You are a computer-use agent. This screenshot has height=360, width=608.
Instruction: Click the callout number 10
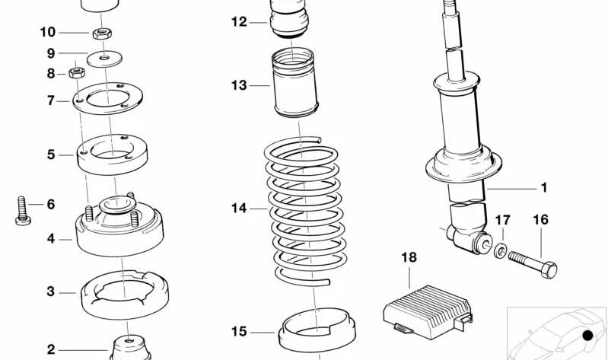pyautogui.click(x=47, y=32)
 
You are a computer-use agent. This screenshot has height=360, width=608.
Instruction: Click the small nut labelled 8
pyautogui.click(x=75, y=74)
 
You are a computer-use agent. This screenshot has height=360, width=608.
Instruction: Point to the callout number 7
pyautogui.click(x=51, y=100)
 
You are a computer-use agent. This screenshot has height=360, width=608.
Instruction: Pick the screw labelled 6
pyautogui.click(x=21, y=210)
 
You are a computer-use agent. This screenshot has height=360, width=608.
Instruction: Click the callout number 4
pyautogui.click(x=51, y=238)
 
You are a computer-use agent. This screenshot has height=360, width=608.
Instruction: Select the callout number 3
pyautogui.click(x=51, y=291)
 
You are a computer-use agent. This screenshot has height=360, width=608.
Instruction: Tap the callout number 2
pyautogui.click(x=51, y=350)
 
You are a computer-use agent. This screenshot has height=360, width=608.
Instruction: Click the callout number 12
pyautogui.click(x=240, y=22)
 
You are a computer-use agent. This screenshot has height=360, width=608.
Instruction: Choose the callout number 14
pyautogui.click(x=240, y=207)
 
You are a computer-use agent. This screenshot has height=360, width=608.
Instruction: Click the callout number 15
pyautogui.click(x=240, y=331)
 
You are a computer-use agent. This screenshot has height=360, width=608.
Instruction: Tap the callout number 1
pyautogui.click(x=544, y=187)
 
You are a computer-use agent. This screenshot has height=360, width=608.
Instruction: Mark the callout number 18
pyautogui.click(x=409, y=258)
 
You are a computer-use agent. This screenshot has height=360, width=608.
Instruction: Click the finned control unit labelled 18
pyautogui.click(x=423, y=309)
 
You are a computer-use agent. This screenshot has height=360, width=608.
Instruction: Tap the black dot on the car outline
pyautogui.click(x=587, y=336)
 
